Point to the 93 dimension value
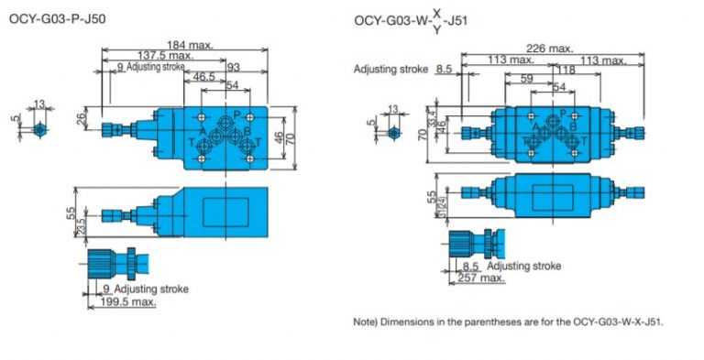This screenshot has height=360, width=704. (234, 67)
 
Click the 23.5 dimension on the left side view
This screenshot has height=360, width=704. (81, 223)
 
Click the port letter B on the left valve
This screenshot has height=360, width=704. (247, 130)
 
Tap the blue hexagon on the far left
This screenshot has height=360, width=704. (38, 130)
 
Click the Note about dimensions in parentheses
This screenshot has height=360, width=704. (507, 322)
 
